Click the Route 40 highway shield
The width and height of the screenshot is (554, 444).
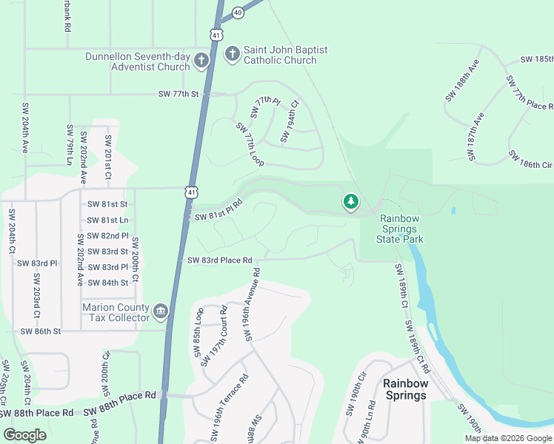coord(237,13)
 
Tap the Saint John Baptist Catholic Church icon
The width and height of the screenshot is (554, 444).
coord(232,53)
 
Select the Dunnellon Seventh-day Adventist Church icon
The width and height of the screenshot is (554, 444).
coord(201,61)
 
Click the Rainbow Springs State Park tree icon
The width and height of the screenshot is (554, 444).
coord(350,201)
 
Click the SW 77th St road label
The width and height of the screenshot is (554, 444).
coord(179,94)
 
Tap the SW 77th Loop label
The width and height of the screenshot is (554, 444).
coord(250,143)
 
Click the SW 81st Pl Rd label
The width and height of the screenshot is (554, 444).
coord(218,209)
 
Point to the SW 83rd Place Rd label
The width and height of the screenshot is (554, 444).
coord(220,260)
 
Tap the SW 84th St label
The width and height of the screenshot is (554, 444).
coord(108,283)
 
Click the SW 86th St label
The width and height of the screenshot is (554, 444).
coord(41,331)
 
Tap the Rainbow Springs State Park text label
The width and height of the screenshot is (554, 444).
coord(400,229)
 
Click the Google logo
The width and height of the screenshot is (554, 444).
coord(25,434)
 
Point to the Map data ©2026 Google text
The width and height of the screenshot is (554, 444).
coord(507,438)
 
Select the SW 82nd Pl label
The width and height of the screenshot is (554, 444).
coord(108,236)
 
